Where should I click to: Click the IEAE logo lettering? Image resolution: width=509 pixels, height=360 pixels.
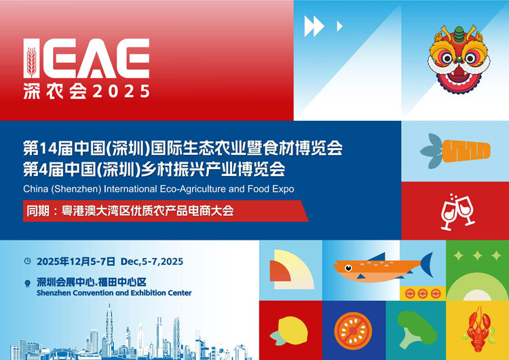(86, 59)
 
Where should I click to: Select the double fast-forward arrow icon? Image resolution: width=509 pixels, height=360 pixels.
(314, 26)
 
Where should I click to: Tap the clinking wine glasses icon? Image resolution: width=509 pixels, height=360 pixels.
(457, 211)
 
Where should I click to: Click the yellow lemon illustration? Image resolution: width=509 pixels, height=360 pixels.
(290, 331)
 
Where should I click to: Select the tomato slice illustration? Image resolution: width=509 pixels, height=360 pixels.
(353, 331)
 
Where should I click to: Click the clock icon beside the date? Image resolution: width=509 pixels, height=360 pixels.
(27, 261)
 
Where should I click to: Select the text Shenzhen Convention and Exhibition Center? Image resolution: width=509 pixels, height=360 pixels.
(114, 293)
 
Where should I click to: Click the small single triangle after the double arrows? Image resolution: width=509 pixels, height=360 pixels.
(339, 26)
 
